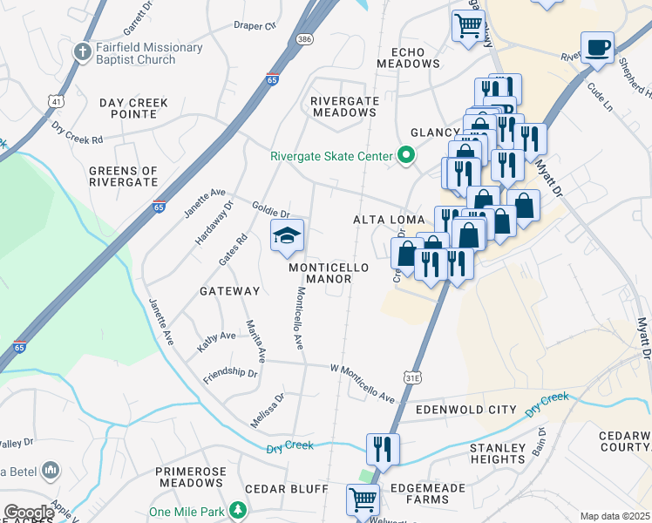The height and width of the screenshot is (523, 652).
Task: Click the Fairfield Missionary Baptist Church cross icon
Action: [84, 51]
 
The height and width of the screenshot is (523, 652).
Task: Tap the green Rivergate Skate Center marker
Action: [405, 157]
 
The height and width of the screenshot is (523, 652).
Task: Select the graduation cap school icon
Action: [286, 235]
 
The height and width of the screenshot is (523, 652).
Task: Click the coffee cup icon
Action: [597, 47]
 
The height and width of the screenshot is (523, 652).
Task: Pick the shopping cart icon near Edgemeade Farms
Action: [363, 500]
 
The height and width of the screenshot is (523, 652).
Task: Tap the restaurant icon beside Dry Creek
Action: [383, 449]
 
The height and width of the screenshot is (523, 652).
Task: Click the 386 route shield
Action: [302, 40]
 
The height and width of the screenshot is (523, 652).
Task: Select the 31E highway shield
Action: [413, 377]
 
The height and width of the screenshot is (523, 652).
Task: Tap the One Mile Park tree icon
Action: [234, 512]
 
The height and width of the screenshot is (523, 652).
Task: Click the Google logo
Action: [28, 513]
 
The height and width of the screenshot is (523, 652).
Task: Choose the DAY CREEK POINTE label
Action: [133, 109]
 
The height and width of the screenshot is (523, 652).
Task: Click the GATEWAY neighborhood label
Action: [229, 290]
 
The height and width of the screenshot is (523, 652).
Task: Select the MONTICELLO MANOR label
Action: [329, 273]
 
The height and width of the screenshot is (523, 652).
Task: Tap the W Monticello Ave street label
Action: [363, 384]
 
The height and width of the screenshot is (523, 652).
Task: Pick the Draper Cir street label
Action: [255, 25]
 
